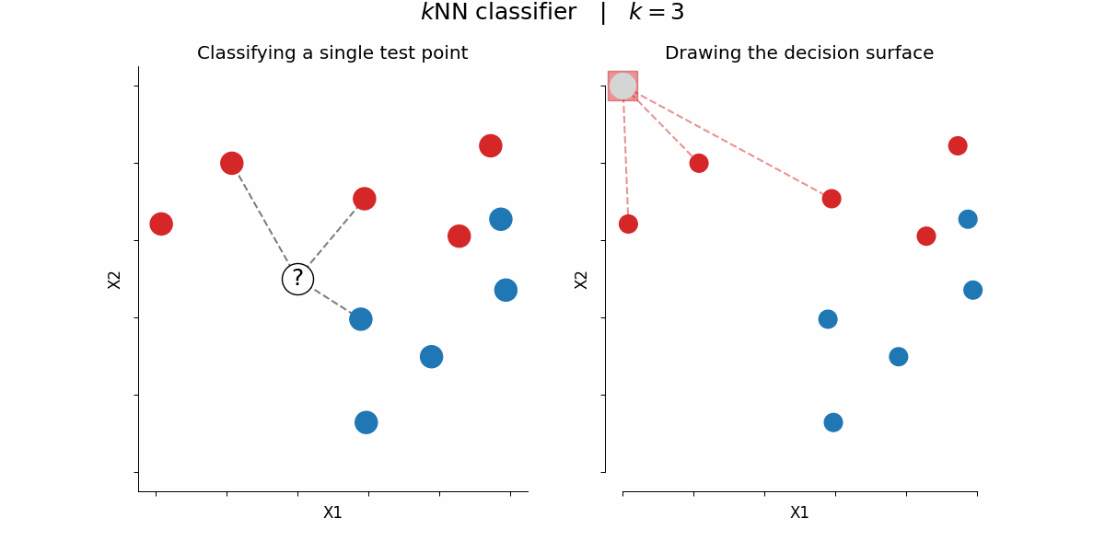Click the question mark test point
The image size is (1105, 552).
click(x=297, y=279)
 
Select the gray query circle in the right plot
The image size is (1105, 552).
click(x=622, y=86)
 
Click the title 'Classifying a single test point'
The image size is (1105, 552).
click(x=332, y=53)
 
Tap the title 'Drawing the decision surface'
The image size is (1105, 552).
click(x=798, y=53)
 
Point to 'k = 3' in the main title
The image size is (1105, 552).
click(x=657, y=13)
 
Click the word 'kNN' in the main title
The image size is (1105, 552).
click(x=450, y=13)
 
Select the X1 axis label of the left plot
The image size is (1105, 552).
click(x=332, y=512)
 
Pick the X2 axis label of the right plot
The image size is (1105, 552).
click(x=581, y=280)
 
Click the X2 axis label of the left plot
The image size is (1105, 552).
click(x=114, y=280)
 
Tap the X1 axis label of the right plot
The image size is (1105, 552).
click(x=799, y=512)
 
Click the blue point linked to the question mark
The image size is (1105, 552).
click(x=361, y=319)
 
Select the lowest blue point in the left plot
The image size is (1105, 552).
click(x=366, y=422)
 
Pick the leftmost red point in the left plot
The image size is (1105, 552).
click(x=161, y=224)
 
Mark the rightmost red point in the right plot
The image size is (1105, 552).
click(x=958, y=145)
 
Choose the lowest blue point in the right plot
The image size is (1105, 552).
click(x=833, y=422)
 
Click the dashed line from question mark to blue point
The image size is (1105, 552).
click(x=331, y=300)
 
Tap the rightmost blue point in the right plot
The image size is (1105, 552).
click(x=972, y=290)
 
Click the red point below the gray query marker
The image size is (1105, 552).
click(x=628, y=224)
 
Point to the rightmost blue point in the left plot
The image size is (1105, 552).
click(x=506, y=290)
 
